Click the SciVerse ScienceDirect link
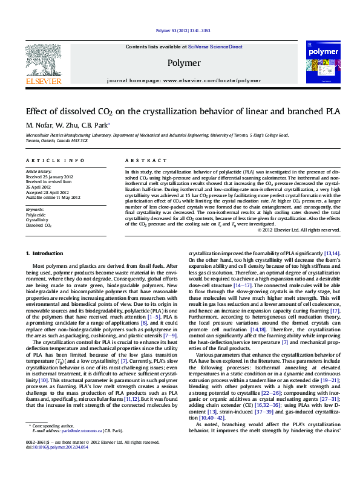[215, 47]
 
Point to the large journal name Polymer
[183, 63]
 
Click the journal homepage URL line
[183, 80]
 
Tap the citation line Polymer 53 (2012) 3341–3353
[183, 30]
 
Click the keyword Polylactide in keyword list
[36, 214]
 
